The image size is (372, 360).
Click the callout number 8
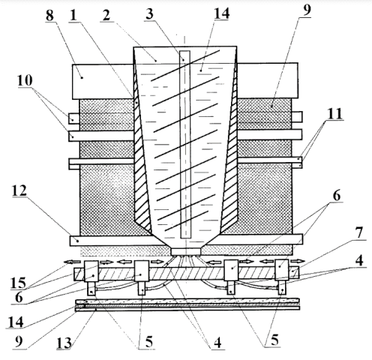coord(49,15)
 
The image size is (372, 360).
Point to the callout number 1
coord(73,15)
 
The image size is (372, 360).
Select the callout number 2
coord(106,15)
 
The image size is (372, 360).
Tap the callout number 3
coord(149,13)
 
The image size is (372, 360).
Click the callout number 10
coord(25,80)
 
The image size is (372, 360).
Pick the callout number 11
coord(335,114)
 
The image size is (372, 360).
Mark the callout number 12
coord(19,190)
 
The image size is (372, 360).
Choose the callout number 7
coord(359,232)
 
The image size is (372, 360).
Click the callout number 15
coord(18,283)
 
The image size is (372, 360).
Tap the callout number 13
coord(64,343)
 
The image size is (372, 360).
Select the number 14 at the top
coord(221,13)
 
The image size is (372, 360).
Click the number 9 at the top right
coord(307,10)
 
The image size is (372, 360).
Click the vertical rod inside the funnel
coord(185,144)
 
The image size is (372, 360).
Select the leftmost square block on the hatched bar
coord(91,271)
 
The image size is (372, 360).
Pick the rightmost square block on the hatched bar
coord(282,270)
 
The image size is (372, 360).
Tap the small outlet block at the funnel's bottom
coord(186,251)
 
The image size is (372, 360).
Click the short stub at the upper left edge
coord(74,118)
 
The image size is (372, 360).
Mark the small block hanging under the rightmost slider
coord(283,287)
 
